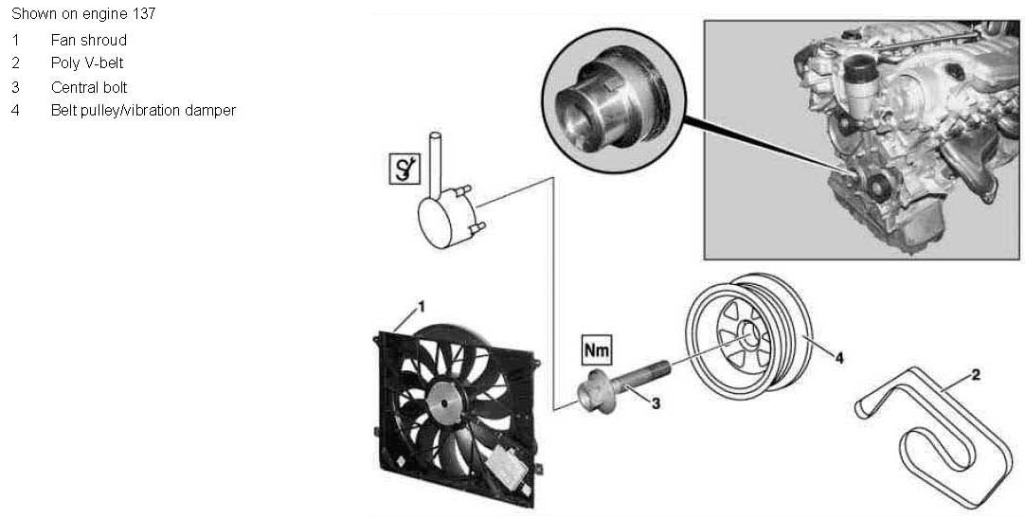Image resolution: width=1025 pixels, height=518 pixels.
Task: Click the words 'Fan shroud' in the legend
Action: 89,41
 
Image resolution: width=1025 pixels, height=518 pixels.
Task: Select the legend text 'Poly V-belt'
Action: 88,63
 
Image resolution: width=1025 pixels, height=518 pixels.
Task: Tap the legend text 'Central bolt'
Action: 89,87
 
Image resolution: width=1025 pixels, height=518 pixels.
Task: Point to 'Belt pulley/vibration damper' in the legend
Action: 143,111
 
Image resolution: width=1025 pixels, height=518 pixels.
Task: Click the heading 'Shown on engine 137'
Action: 83,14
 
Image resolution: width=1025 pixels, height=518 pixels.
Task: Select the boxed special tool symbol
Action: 404,170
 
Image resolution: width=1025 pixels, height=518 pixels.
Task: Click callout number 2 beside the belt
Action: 975,376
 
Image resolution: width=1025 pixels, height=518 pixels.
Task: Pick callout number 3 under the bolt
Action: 655,402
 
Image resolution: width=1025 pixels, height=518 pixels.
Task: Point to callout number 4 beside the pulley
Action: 838,357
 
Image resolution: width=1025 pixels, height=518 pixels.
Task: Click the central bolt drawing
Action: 620,381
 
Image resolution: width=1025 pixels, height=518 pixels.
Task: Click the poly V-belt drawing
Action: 938,426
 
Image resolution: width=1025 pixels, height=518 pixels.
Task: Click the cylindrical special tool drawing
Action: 443,215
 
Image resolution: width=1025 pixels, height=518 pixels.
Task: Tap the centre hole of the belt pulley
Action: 747,332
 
